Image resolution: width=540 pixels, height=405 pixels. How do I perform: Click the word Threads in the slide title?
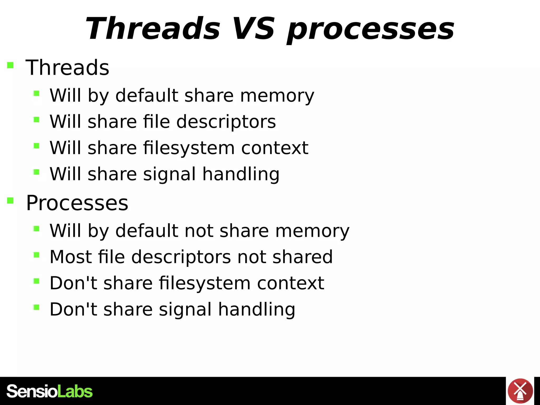[152, 28]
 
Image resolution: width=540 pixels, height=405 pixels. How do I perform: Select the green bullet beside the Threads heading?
[10, 65]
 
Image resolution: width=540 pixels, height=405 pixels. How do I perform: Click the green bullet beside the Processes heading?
[10, 201]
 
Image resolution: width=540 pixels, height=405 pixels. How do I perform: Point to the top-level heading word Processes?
[77, 203]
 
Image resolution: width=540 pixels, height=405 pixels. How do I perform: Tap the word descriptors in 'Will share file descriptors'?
[226, 122]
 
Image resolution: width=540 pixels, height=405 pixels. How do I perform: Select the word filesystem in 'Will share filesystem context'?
[189, 148]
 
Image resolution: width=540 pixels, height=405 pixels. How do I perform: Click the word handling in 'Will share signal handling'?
[241, 174]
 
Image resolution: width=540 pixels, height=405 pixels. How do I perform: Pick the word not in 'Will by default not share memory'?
[199, 231]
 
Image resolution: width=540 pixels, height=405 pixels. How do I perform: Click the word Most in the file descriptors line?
[71, 257]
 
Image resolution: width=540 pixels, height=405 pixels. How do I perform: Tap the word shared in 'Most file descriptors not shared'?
[302, 257]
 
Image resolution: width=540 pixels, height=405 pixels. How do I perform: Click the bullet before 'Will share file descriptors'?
[36, 120]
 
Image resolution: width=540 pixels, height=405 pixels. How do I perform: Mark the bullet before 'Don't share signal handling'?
[36, 307]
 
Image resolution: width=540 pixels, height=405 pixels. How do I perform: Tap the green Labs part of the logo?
[75, 391]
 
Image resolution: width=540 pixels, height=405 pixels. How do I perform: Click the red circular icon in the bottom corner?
[520, 391]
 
